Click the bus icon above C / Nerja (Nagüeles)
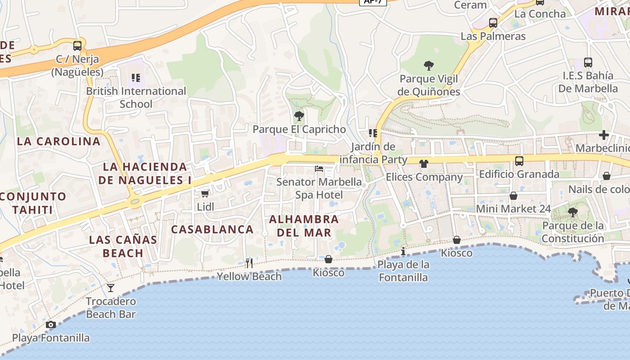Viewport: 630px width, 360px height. click(x=77, y=45)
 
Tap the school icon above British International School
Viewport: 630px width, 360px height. click(x=136, y=78)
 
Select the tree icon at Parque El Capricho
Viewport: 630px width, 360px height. click(x=299, y=117)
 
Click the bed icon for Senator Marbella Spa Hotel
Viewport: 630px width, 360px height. click(x=319, y=169)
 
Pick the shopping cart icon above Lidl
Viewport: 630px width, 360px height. click(x=205, y=194)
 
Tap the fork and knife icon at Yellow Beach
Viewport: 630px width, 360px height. click(x=249, y=263)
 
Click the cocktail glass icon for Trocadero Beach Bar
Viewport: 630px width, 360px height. click(x=111, y=288)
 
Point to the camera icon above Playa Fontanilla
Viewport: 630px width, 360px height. click(x=50, y=324)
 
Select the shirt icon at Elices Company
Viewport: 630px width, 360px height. click(x=423, y=164)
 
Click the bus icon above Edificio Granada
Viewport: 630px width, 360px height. click(x=519, y=161)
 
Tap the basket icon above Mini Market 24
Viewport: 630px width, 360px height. click(x=513, y=196)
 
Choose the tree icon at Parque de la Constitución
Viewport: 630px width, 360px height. click(x=572, y=212)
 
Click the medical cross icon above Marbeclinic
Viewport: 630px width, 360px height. click(x=603, y=135)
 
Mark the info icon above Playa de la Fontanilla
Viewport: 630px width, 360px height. click(x=403, y=251)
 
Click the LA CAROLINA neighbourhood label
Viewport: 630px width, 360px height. click(x=58, y=141)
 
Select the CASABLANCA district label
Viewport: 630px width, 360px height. click(x=212, y=229)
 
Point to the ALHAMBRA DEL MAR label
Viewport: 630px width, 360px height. click(x=304, y=226)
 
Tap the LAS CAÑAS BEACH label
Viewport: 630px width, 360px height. click(x=123, y=246)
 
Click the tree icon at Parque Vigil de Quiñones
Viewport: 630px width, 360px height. click(x=429, y=66)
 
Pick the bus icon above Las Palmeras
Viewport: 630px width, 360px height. click(x=493, y=23)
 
